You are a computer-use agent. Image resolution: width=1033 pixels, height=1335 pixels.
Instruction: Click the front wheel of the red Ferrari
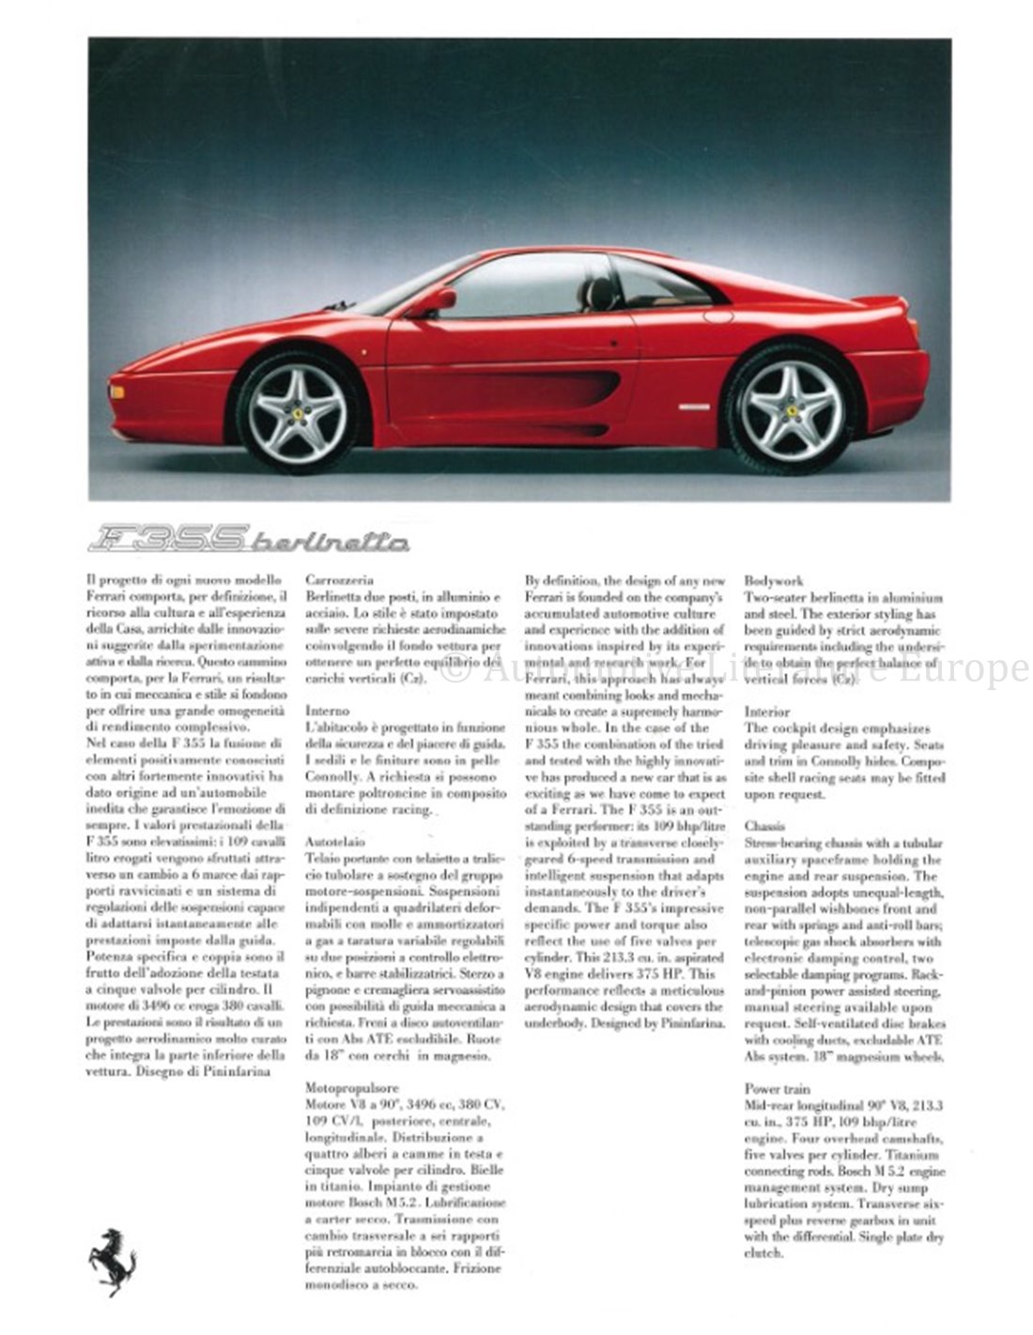pos(298,412)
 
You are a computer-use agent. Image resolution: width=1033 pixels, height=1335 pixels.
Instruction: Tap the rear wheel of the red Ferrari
pos(792,408)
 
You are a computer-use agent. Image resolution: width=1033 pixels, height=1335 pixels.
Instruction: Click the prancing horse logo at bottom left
pos(112,1261)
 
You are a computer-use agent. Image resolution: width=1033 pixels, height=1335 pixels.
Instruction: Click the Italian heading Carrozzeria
pos(340,580)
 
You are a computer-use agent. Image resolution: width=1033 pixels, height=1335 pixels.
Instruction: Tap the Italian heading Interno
pos(327,711)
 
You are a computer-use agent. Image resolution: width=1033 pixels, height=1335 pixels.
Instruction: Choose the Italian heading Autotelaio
pos(335,842)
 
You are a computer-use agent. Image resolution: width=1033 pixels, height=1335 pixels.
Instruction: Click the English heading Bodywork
pos(774,581)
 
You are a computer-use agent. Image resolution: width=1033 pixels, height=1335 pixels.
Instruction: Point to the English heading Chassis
pos(765,826)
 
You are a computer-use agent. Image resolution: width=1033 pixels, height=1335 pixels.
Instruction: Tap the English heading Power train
pos(778,1089)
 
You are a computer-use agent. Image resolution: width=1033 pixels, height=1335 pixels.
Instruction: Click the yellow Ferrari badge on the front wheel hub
pos(298,412)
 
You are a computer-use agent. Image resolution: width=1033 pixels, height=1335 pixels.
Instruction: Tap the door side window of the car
pos(521,286)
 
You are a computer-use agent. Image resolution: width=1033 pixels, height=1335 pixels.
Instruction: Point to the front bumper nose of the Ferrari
pos(122,394)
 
